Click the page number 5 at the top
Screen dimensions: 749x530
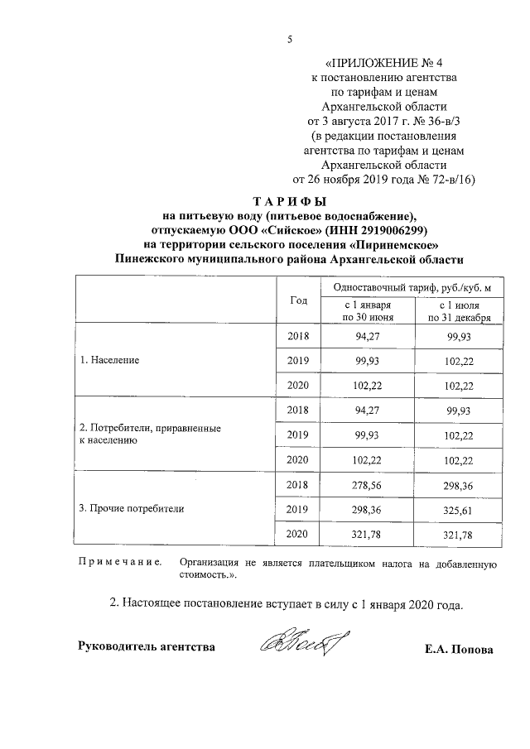coord(290,39)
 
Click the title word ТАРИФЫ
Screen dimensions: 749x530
coord(289,201)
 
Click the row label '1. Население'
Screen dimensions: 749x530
coord(108,361)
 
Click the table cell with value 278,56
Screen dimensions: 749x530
coord(364,484)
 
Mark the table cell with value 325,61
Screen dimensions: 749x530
coord(458,509)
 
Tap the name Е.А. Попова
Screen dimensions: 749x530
coord(458,650)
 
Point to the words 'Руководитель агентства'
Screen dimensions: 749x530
coord(146,646)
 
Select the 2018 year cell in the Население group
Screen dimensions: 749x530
coord(297,336)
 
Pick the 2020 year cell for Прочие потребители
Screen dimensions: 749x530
coord(297,535)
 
